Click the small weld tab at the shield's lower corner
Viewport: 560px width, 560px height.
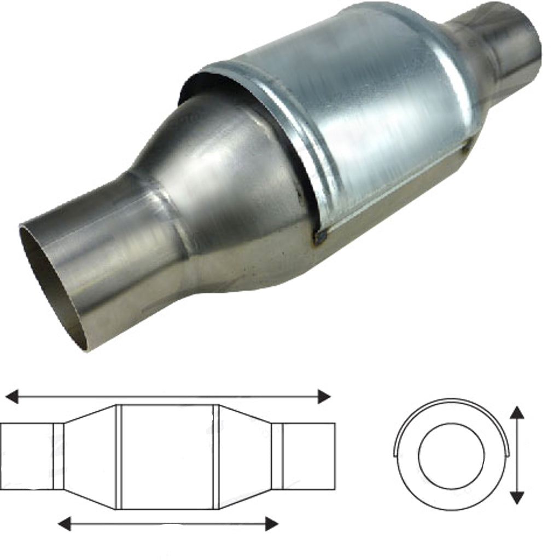pos(320,236)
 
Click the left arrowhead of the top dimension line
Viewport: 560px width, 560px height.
pos(11,396)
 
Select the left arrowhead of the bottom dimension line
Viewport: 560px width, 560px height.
pos(65,523)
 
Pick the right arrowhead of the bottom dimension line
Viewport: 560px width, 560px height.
pos(271,523)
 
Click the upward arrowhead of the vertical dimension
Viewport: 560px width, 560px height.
pos(517,412)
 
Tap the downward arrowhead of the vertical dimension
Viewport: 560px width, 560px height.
pos(517,497)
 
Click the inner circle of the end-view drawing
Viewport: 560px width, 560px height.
pos(451,456)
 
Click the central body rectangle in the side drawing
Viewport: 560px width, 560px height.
pos(167,457)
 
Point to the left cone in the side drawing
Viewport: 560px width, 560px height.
pos(90,457)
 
